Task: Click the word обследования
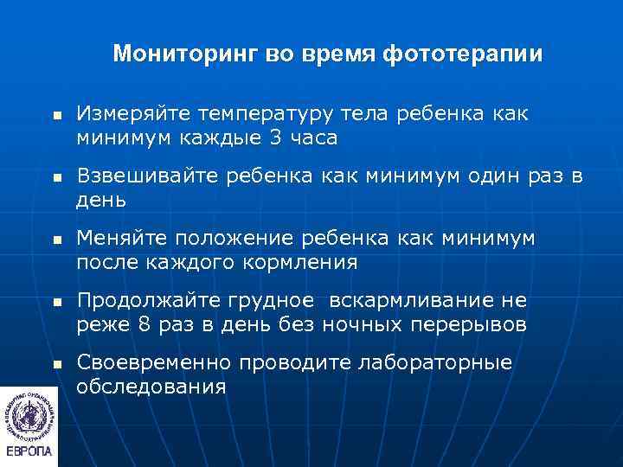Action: click(151, 387)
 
